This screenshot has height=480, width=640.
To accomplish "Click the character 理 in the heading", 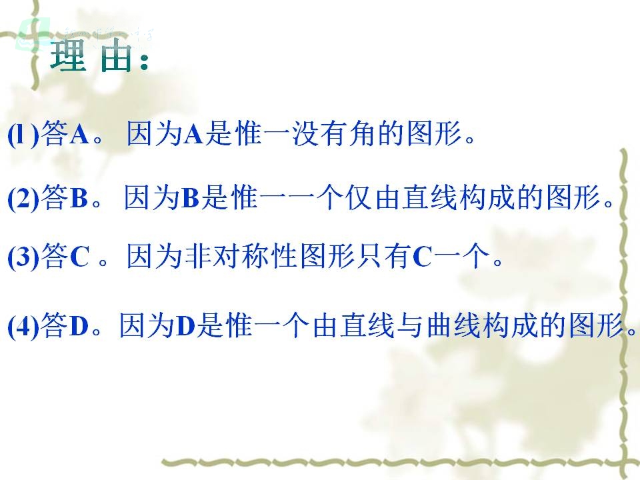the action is tap(68, 56).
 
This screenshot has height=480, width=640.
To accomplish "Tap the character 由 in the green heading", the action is tap(115, 56).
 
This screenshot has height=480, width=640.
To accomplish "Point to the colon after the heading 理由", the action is tap(143, 61).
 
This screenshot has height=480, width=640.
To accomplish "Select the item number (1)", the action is tap(23, 135).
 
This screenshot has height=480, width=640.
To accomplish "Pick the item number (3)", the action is tap(23, 257).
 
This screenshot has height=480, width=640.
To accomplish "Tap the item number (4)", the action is tap(23, 327).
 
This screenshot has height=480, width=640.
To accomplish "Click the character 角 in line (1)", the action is tap(363, 134).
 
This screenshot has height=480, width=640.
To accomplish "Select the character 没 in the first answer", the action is tap(306, 134).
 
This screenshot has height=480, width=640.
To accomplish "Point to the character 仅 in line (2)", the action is tap(359, 198).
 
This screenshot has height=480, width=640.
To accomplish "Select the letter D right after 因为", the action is tap(186, 326).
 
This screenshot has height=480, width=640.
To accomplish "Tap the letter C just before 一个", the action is tap(422, 257).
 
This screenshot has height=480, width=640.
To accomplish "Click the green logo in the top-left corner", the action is tap(32, 34).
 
